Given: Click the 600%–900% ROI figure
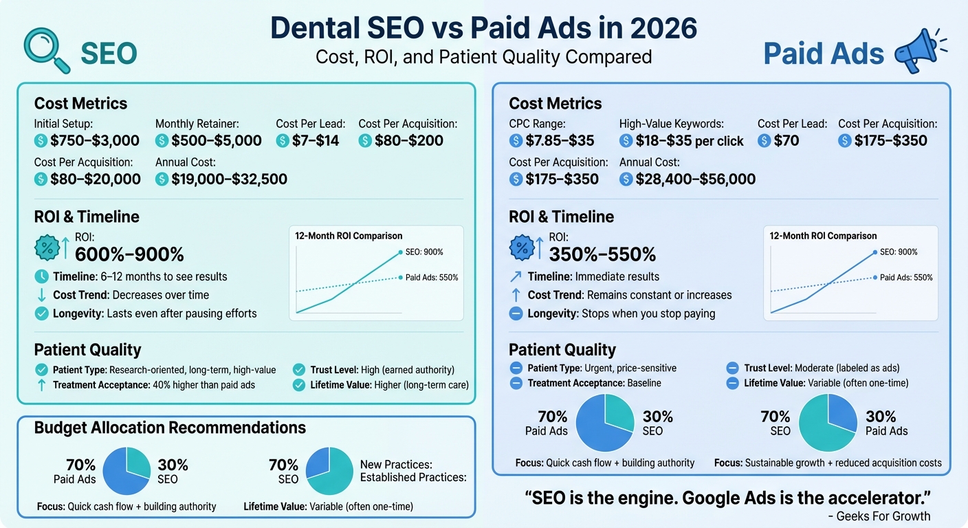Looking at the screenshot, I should (x=129, y=254).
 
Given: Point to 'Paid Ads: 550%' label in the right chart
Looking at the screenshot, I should (x=906, y=278).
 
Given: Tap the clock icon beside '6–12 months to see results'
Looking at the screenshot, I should (x=41, y=276).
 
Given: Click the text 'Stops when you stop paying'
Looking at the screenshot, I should (x=648, y=313).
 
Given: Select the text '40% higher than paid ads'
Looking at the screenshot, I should (x=203, y=385).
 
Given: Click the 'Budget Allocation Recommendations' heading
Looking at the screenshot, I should (x=170, y=428).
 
